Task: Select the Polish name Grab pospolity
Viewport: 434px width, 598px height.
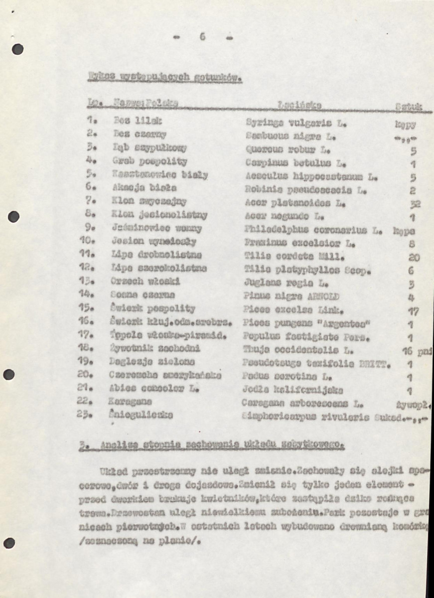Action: click(149, 161)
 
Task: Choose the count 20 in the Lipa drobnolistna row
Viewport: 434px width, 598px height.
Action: click(414, 257)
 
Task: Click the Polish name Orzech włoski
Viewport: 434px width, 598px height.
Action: click(145, 282)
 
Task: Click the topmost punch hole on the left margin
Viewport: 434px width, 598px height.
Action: click(17, 49)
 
